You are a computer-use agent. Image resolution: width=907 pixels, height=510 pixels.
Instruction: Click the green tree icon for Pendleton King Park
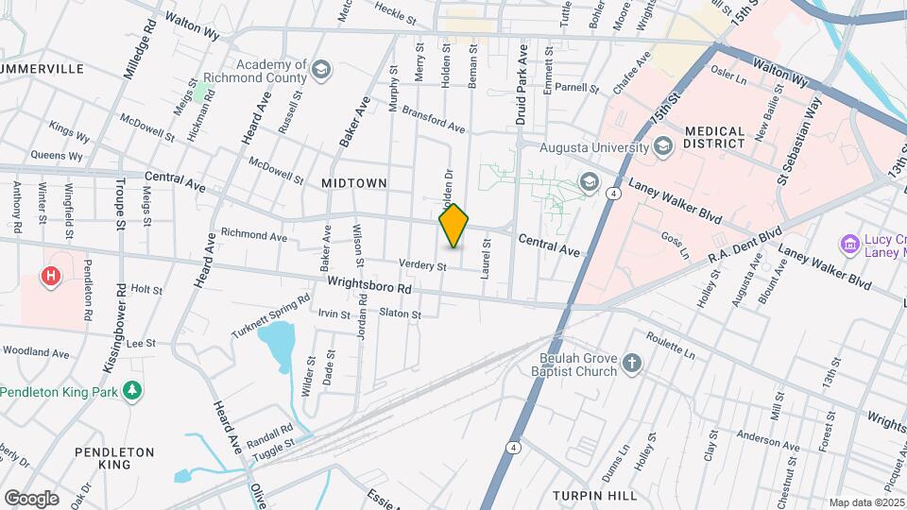point(133,390)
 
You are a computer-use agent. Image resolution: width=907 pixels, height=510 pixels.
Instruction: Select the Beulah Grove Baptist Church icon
point(632,364)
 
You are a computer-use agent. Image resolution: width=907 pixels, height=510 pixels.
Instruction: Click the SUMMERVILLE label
point(43,69)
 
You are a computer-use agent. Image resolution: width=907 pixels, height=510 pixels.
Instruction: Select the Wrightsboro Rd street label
point(369,283)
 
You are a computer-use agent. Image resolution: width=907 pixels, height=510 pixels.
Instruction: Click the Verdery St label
point(421,266)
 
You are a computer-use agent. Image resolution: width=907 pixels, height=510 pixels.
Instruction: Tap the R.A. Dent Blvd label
point(745,245)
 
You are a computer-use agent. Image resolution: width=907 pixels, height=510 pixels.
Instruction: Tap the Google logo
point(30,498)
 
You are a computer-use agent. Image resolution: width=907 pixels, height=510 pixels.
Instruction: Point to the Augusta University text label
point(594,147)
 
